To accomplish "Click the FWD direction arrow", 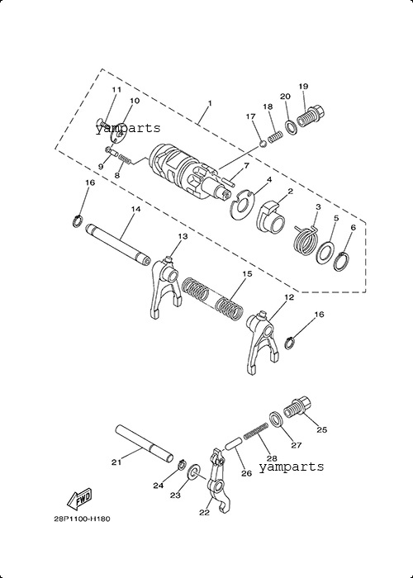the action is coord(78,499).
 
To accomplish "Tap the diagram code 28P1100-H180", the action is coord(82,519).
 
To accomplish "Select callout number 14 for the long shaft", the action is coord(135,209).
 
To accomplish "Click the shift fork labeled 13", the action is coord(165,288).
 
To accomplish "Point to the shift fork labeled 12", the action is coord(262,342).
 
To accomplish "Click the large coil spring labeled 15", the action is coord(212,297).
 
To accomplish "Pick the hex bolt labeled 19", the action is coord(311,117).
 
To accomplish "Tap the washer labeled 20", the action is coord(292,127).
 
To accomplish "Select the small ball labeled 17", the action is coord(263,144).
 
